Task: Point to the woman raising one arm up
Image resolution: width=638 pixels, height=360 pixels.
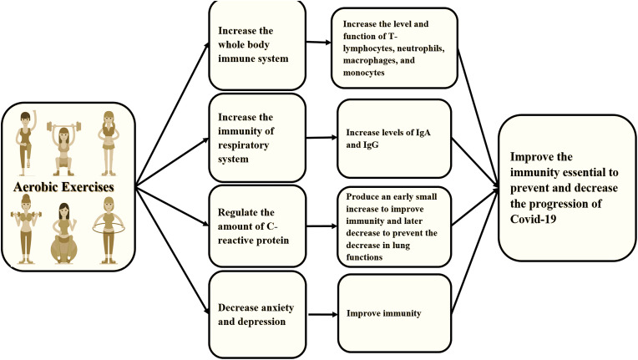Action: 28,138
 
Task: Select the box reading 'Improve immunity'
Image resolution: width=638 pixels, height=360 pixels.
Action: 392,315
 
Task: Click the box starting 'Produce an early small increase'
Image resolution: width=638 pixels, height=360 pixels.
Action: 392,224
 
